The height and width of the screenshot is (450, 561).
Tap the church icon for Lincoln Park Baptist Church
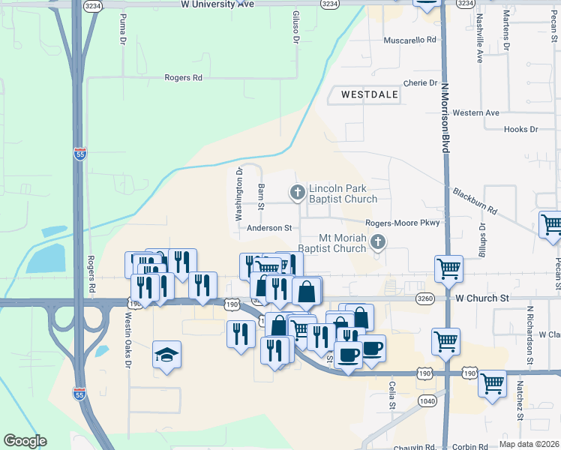(x=298, y=193)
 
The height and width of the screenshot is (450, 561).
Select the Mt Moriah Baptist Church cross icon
(x=379, y=242)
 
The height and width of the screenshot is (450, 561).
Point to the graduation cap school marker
(x=166, y=355)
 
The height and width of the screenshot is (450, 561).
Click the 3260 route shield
(x=424, y=298)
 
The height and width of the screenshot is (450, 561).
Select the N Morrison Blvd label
(x=445, y=118)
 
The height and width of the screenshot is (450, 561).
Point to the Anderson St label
(x=268, y=227)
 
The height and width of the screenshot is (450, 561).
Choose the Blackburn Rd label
(x=475, y=201)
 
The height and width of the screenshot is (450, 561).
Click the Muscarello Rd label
(x=409, y=40)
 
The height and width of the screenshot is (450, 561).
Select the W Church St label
(x=482, y=298)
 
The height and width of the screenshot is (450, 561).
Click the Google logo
(x=25, y=441)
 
